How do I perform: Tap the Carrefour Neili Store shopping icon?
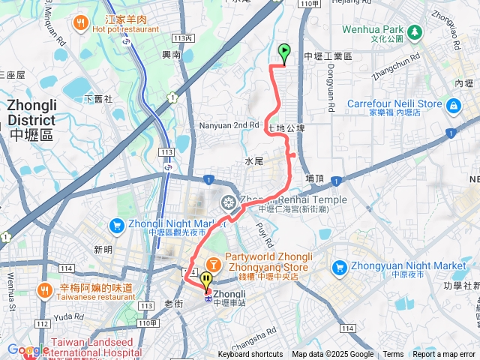coord(452,107)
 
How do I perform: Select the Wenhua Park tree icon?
coord(414,31)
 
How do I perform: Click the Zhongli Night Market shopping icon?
coord(116,225)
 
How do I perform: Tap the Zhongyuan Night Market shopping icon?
coord(340,266)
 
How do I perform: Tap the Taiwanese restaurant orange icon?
coord(45,289)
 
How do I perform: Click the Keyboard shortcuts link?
coord(250,355)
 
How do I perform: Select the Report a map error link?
coord(445,355)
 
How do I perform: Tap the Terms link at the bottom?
coord(393,355)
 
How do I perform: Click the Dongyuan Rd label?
coord(329,90)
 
